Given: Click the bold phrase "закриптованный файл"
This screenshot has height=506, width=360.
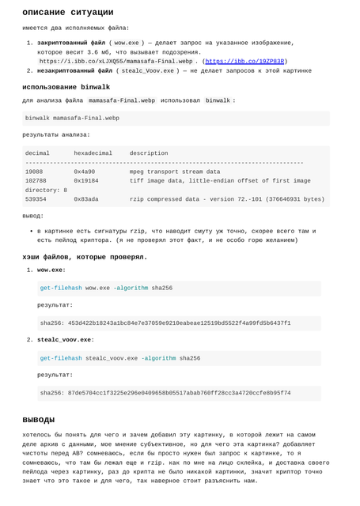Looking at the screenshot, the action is point(70,43).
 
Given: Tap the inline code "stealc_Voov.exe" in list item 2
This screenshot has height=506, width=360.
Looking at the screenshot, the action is point(148,70).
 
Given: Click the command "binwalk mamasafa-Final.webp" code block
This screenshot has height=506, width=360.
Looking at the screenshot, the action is point(72,118).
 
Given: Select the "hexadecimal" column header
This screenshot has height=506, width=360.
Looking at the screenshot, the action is point(93,153).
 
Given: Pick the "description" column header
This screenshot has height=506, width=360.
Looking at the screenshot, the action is point(149,153).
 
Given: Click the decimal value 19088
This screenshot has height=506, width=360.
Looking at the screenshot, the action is point(34,172).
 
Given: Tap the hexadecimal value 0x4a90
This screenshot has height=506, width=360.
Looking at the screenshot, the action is point(84,172).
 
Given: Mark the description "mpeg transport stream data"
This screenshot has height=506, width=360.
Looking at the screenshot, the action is point(175,172).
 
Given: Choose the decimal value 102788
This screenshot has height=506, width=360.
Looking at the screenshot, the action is point(36,181).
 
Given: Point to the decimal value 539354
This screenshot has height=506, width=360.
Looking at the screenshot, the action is point(36,200).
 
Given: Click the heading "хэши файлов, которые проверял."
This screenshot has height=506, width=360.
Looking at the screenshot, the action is point(85,257).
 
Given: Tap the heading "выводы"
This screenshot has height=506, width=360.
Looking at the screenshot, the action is point(38,419).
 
